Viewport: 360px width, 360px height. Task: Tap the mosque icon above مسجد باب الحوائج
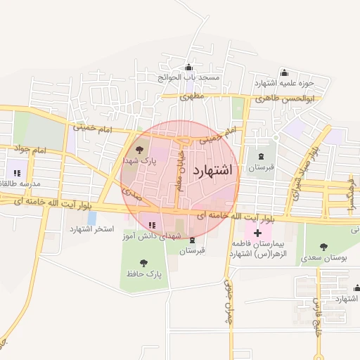pyautogui.click(x=188, y=67)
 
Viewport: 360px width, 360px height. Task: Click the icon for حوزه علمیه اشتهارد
pyautogui.click(x=284, y=72)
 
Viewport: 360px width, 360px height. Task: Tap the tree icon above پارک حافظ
pyautogui.click(x=144, y=262)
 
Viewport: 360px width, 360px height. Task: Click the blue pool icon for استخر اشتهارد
pyautogui.click(x=91, y=218)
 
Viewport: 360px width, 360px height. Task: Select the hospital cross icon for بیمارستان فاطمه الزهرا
pyautogui.click(x=257, y=232)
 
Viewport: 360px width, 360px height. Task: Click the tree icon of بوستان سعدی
pyautogui.click(x=323, y=247)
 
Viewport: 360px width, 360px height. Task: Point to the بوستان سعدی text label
pyautogui.click(x=324, y=258)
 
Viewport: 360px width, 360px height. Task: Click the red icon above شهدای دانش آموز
pyautogui.click(x=152, y=225)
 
